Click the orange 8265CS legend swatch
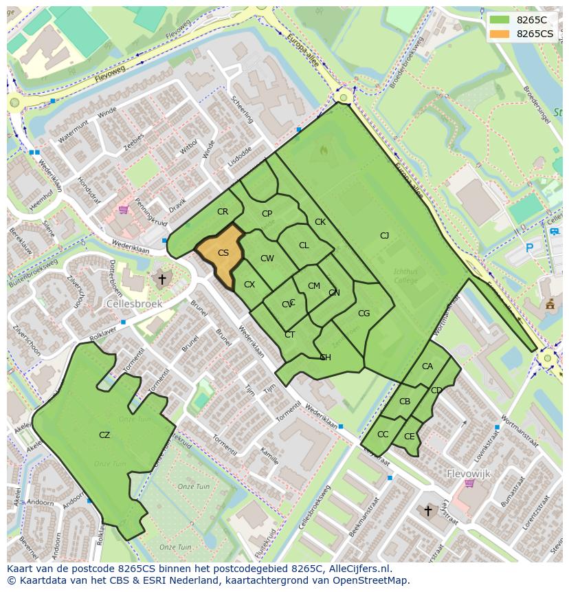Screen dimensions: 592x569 point(500,34)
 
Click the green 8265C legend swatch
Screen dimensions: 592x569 point(500,20)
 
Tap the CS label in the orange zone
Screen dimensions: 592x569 point(223,253)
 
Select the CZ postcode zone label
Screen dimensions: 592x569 point(104,435)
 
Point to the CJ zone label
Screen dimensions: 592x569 point(384,236)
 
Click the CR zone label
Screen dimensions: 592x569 point(222,212)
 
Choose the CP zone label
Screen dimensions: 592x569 point(267,214)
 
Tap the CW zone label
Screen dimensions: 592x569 point(267,259)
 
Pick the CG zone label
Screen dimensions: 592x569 point(364,314)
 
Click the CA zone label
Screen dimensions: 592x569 point(427,366)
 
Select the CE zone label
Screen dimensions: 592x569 point(410,437)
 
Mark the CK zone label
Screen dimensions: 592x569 point(320,222)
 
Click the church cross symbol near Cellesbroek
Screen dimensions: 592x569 point(161,279)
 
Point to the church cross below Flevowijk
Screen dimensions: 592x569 point(427,510)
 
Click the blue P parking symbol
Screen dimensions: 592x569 point(528,248)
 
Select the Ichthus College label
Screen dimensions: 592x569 point(405,276)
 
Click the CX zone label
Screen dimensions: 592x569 point(249,285)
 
